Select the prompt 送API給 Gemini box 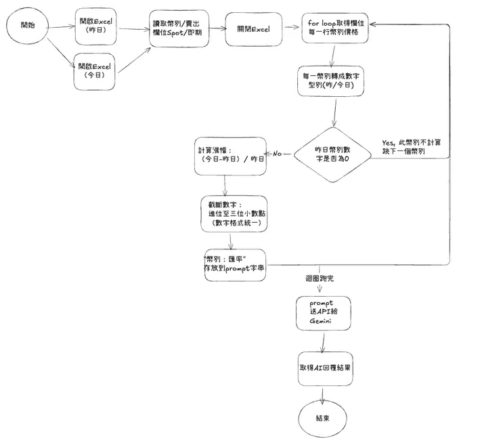coord(323,313)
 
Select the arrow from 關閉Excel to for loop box coord(292,28)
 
